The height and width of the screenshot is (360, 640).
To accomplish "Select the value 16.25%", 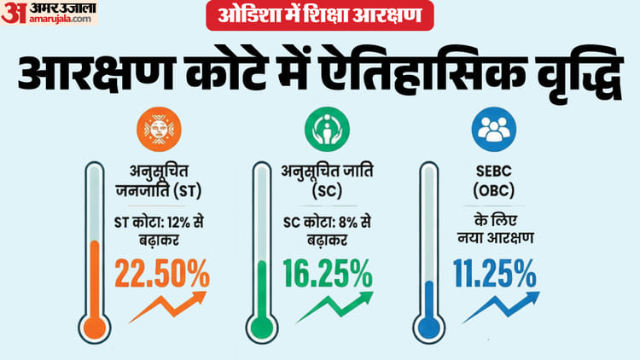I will (328, 274).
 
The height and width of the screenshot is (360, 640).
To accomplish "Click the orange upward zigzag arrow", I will (168, 307).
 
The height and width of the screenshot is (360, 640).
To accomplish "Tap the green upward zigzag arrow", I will (334, 306).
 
